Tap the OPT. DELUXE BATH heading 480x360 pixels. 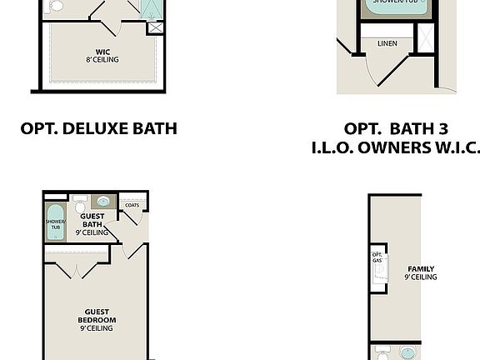point(99,128)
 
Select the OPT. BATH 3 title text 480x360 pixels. point(396,128)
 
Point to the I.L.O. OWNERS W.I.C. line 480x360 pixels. point(396,147)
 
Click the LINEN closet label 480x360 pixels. point(387,43)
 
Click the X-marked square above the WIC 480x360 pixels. point(155,27)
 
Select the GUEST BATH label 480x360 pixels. point(92,223)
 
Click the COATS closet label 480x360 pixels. point(132,205)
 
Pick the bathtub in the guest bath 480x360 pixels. point(56,223)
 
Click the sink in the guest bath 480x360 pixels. point(105,202)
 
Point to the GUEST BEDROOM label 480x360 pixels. point(97,320)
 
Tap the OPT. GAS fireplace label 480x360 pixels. point(377,257)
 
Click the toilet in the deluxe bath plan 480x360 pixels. point(56,6)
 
